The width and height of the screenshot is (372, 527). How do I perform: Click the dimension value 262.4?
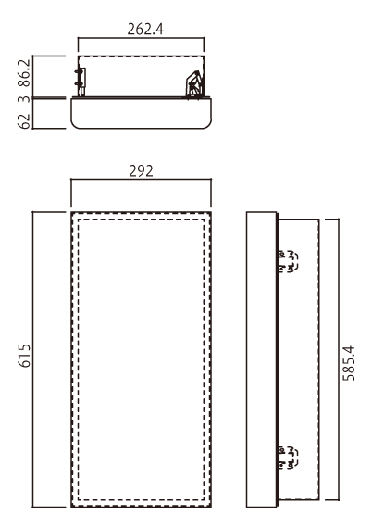pyautogui.click(x=145, y=30)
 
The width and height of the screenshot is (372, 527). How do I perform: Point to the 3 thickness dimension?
pyautogui.click(x=26, y=99)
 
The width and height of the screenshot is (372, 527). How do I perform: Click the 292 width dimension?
pyautogui.click(x=141, y=171)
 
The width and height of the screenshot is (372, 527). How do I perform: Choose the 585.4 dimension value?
pyautogui.click(x=349, y=363)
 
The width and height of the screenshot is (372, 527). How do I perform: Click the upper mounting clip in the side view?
pyautogui.click(x=288, y=261)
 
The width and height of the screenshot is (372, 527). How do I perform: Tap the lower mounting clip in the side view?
pyautogui.click(x=288, y=458)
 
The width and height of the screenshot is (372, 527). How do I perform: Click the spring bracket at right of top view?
pyautogui.click(x=194, y=84)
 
